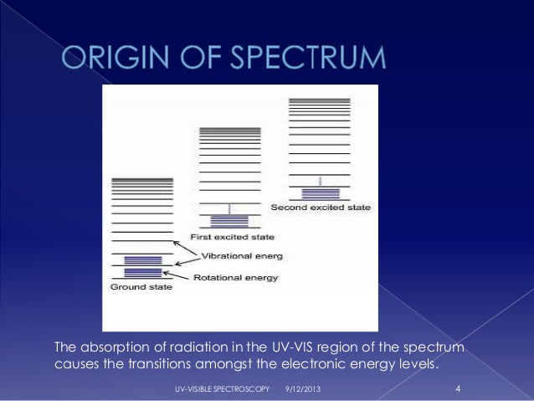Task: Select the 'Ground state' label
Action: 141,287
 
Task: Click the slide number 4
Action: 458,389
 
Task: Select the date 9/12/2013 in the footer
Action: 301,391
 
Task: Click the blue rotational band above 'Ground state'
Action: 142,266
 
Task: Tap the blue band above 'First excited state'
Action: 229,221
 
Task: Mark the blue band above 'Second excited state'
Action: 319,193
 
